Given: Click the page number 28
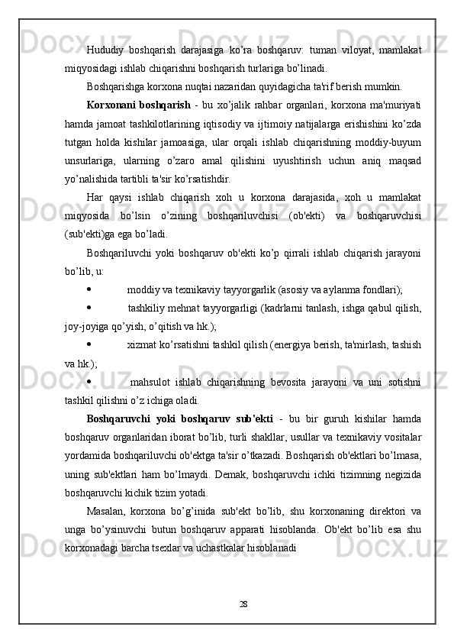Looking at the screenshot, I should click(x=242, y=604).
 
